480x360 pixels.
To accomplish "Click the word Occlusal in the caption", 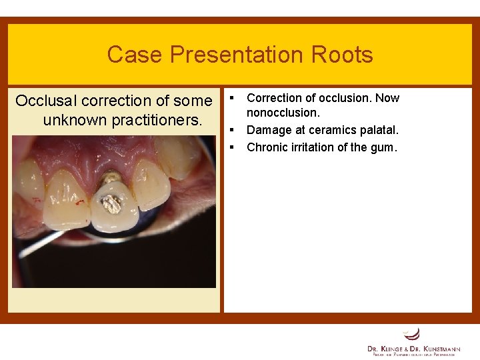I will [45, 101].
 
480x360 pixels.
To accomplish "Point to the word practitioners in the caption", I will [158, 121].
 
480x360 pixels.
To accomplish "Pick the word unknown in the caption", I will [76, 121].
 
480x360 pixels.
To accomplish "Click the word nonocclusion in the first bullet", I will [283, 113].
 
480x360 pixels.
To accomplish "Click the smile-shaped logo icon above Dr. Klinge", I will [412, 333].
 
